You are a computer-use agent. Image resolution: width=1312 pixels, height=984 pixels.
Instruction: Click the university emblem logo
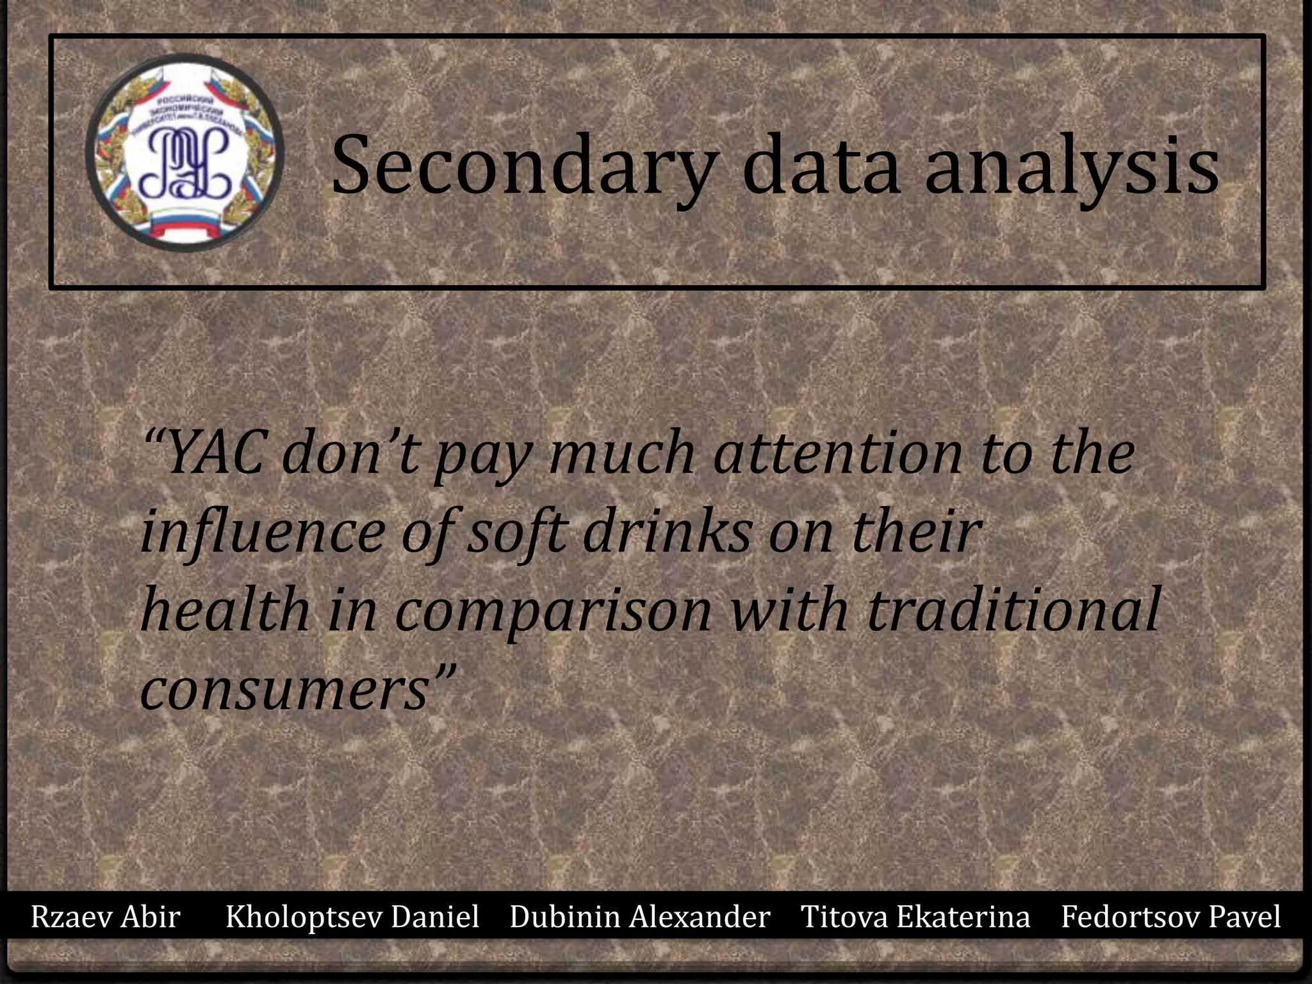[184, 152]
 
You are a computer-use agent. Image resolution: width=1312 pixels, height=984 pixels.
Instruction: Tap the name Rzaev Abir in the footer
[106, 917]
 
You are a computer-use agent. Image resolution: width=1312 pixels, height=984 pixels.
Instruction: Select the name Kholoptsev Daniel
[352, 917]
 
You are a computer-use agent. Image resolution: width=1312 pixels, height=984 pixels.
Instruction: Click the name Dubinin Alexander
[639, 917]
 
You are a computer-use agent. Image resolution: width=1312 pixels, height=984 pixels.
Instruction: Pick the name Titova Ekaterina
[915, 917]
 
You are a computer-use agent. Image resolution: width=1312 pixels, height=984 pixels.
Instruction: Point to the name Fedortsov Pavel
[1170, 917]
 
